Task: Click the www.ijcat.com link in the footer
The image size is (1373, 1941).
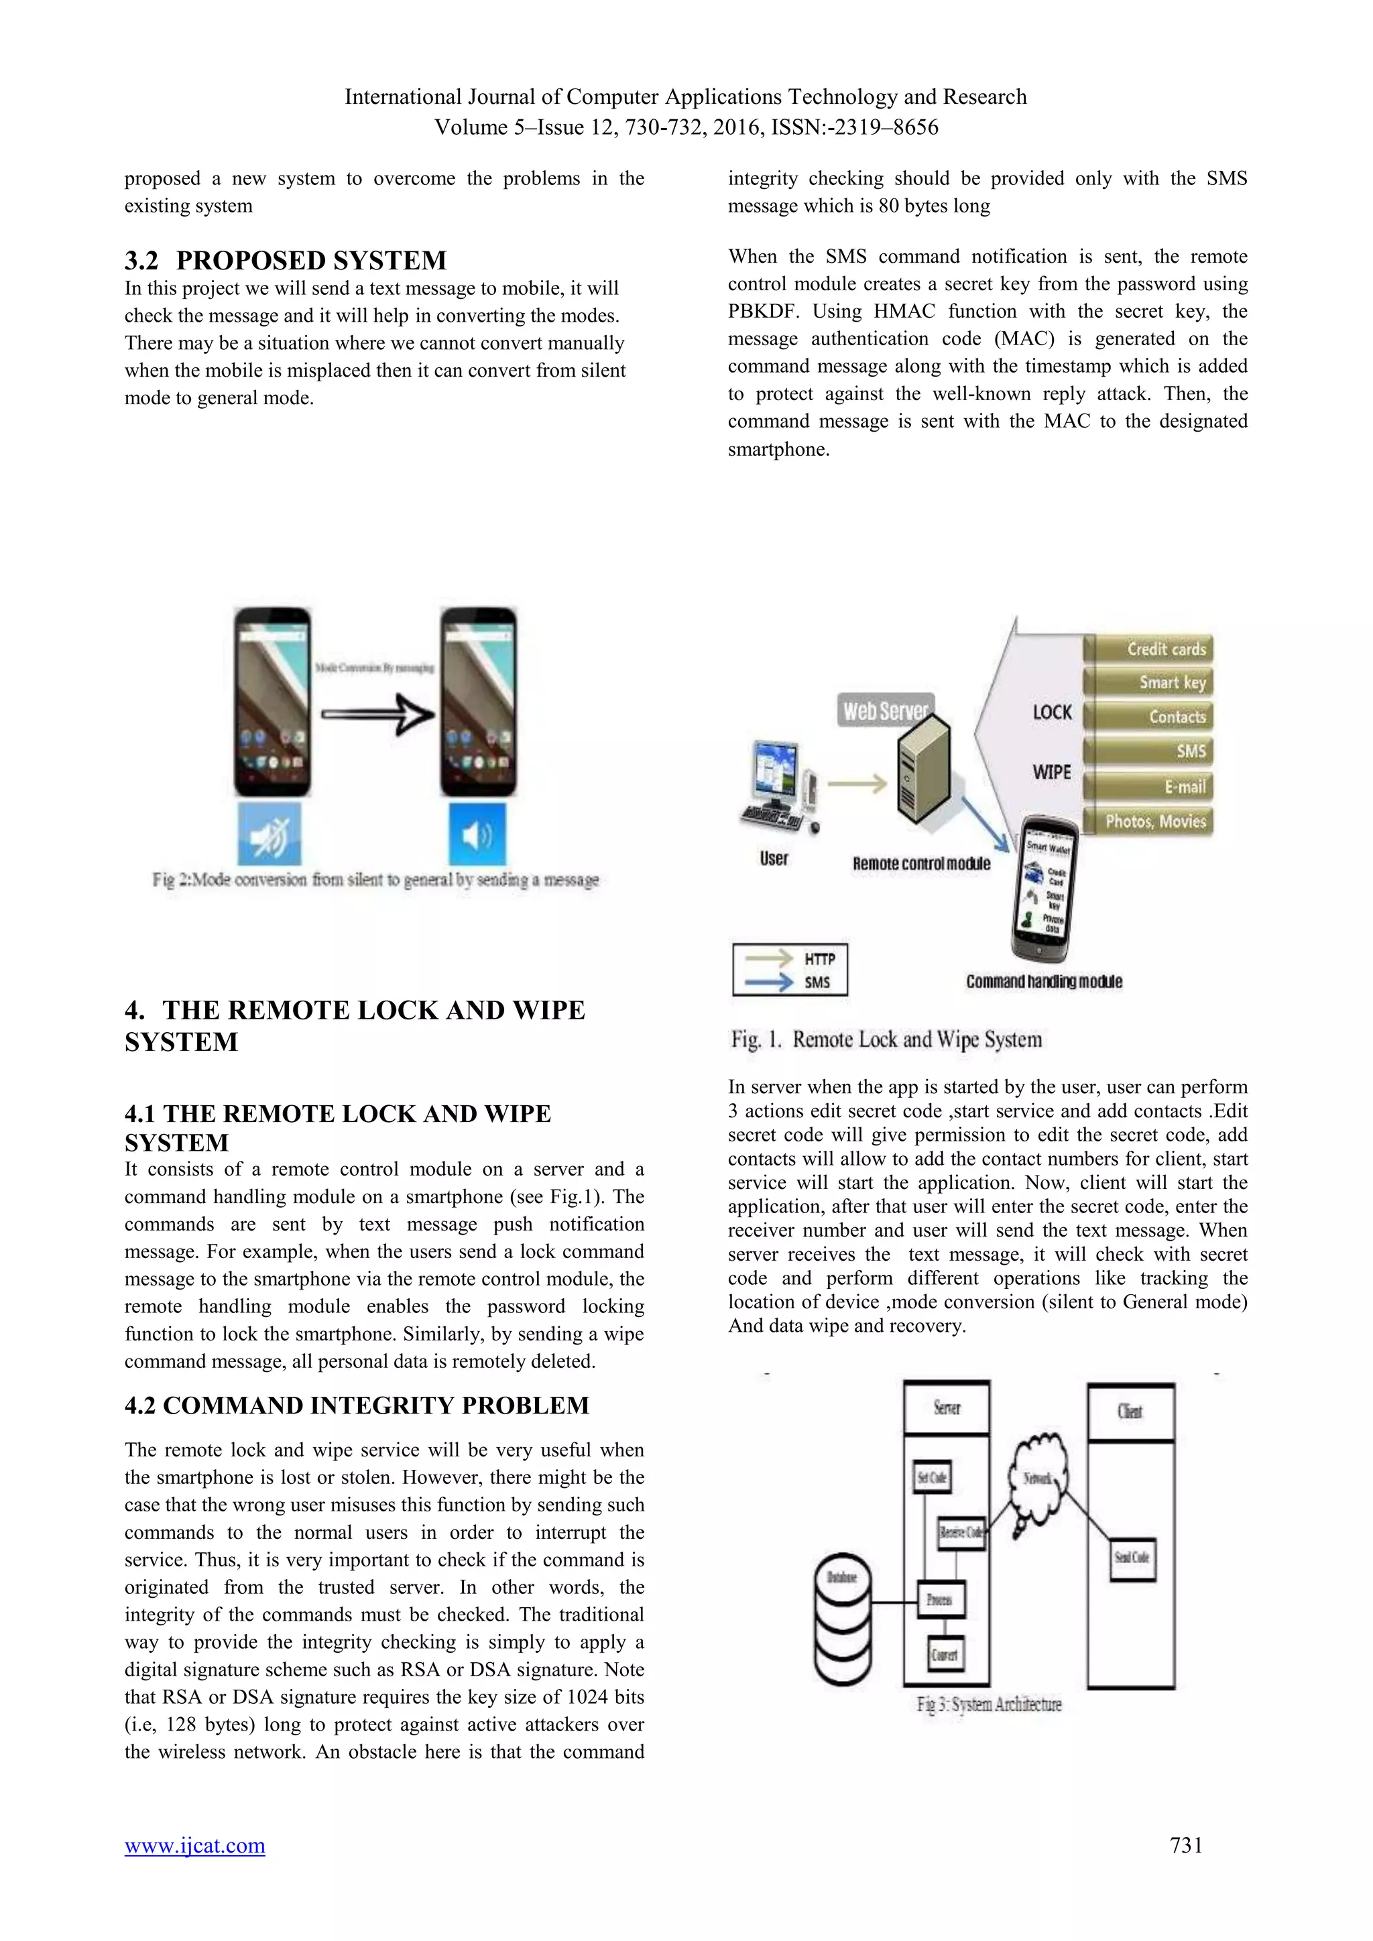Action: [194, 1845]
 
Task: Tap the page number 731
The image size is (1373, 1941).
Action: [1185, 1845]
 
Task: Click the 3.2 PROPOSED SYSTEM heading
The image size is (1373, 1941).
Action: [285, 259]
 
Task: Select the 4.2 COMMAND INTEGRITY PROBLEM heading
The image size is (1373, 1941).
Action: [356, 1405]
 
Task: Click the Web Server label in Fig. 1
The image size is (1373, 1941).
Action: [884, 710]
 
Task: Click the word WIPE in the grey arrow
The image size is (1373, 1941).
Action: [1051, 772]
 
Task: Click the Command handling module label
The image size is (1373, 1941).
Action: [1044, 981]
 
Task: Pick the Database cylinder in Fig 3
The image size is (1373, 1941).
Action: [841, 1619]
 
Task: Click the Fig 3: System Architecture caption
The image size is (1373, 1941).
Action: [988, 1704]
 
